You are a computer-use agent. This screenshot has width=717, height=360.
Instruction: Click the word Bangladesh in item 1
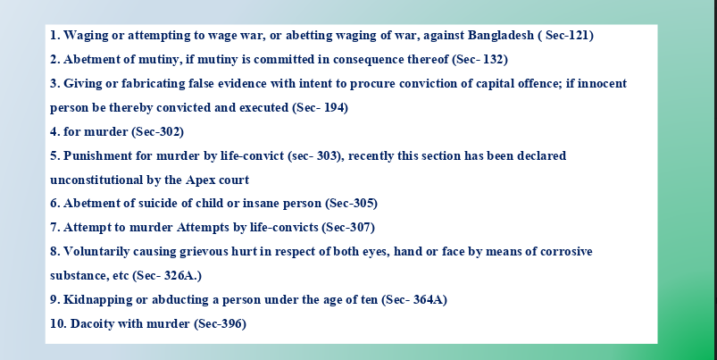[501, 35]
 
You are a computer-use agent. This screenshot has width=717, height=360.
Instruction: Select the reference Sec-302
[158, 131]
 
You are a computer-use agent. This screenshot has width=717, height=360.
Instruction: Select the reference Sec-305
[352, 204]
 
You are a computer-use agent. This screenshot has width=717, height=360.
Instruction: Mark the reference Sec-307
[348, 227]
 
